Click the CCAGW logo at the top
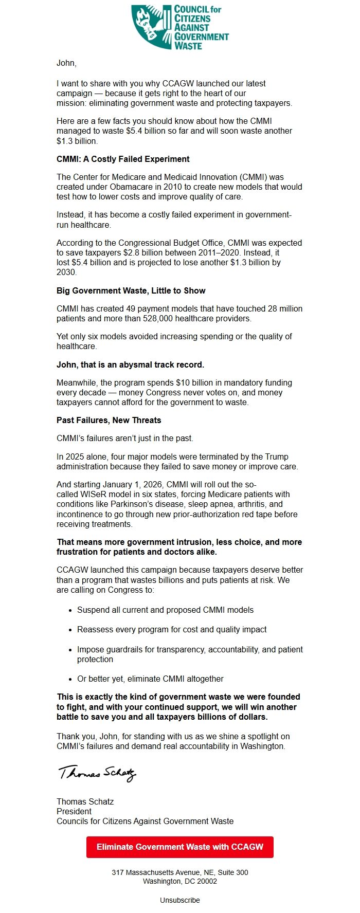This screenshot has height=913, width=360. (179, 27)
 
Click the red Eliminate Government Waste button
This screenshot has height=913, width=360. (179, 847)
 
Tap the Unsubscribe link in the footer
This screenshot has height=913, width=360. (179, 900)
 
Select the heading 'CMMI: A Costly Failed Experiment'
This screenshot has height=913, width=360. (123, 159)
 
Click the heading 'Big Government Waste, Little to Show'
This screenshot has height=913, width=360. (131, 290)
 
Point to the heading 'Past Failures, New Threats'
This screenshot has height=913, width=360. (109, 420)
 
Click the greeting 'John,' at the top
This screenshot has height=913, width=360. (66, 63)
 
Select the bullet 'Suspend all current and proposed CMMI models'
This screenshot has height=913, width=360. (165, 610)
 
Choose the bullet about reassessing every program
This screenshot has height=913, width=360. (172, 629)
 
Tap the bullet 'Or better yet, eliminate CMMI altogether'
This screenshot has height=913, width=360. (150, 679)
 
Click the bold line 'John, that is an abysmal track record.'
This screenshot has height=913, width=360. (130, 364)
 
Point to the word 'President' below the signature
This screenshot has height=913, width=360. (74, 811)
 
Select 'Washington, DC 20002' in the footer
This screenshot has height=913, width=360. (179, 881)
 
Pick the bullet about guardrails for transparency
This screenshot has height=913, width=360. (190, 649)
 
